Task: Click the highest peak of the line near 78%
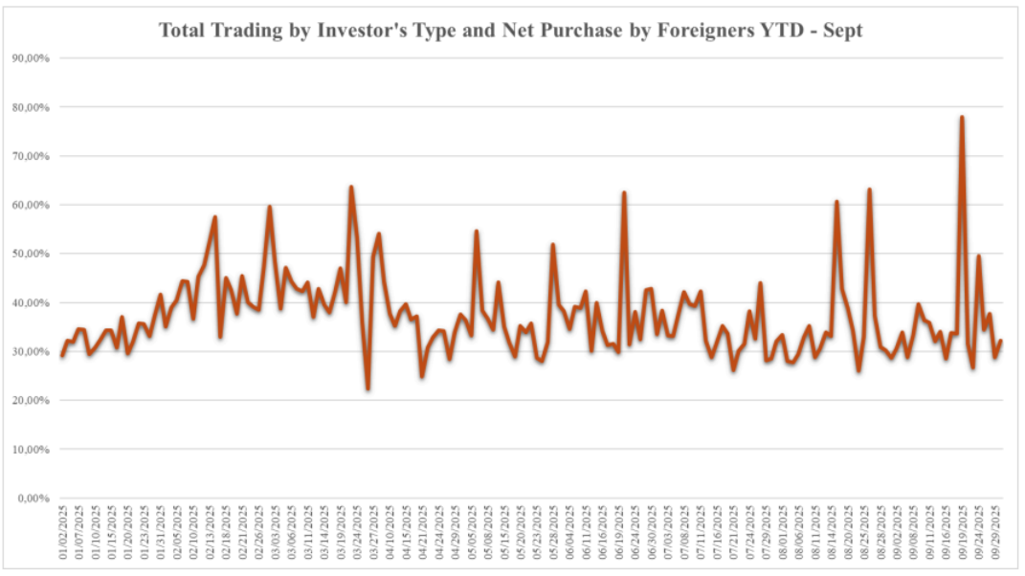coord(961,117)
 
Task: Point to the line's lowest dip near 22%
coord(368,388)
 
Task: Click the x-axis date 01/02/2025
coord(63,535)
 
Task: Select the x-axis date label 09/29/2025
coord(996,535)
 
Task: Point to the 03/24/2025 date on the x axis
coord(357,535)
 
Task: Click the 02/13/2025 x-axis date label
coord(211,535)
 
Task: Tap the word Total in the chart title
coord(182,31)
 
